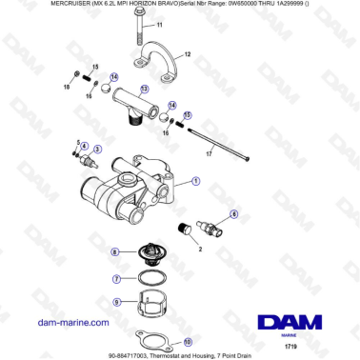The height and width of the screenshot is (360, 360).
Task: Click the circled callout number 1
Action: [195, 180]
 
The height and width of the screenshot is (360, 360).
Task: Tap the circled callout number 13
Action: [144, 89]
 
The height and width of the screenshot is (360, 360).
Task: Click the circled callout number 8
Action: [115, 252]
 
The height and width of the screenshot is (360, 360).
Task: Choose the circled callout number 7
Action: [116, 280]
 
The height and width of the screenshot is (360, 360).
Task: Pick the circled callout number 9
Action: [116, 302]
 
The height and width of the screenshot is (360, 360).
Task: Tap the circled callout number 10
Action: [187, 340]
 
